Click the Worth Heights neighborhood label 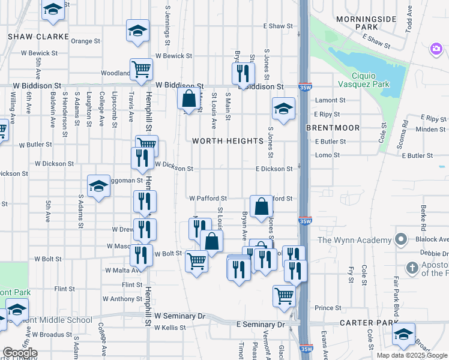(x=228, y=141)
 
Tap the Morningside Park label (x=358, y=23)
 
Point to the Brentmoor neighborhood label (x=333, y=128)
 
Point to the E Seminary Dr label (x=260, y=325)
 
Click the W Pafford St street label (x=208, y=198)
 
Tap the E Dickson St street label (x=273, y=169)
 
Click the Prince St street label (x=328, y=308)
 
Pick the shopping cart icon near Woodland (x=141, y=69)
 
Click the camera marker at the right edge (x=436, y=49)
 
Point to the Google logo (x=20, y=353)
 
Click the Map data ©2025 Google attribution (x=411, y=355)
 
